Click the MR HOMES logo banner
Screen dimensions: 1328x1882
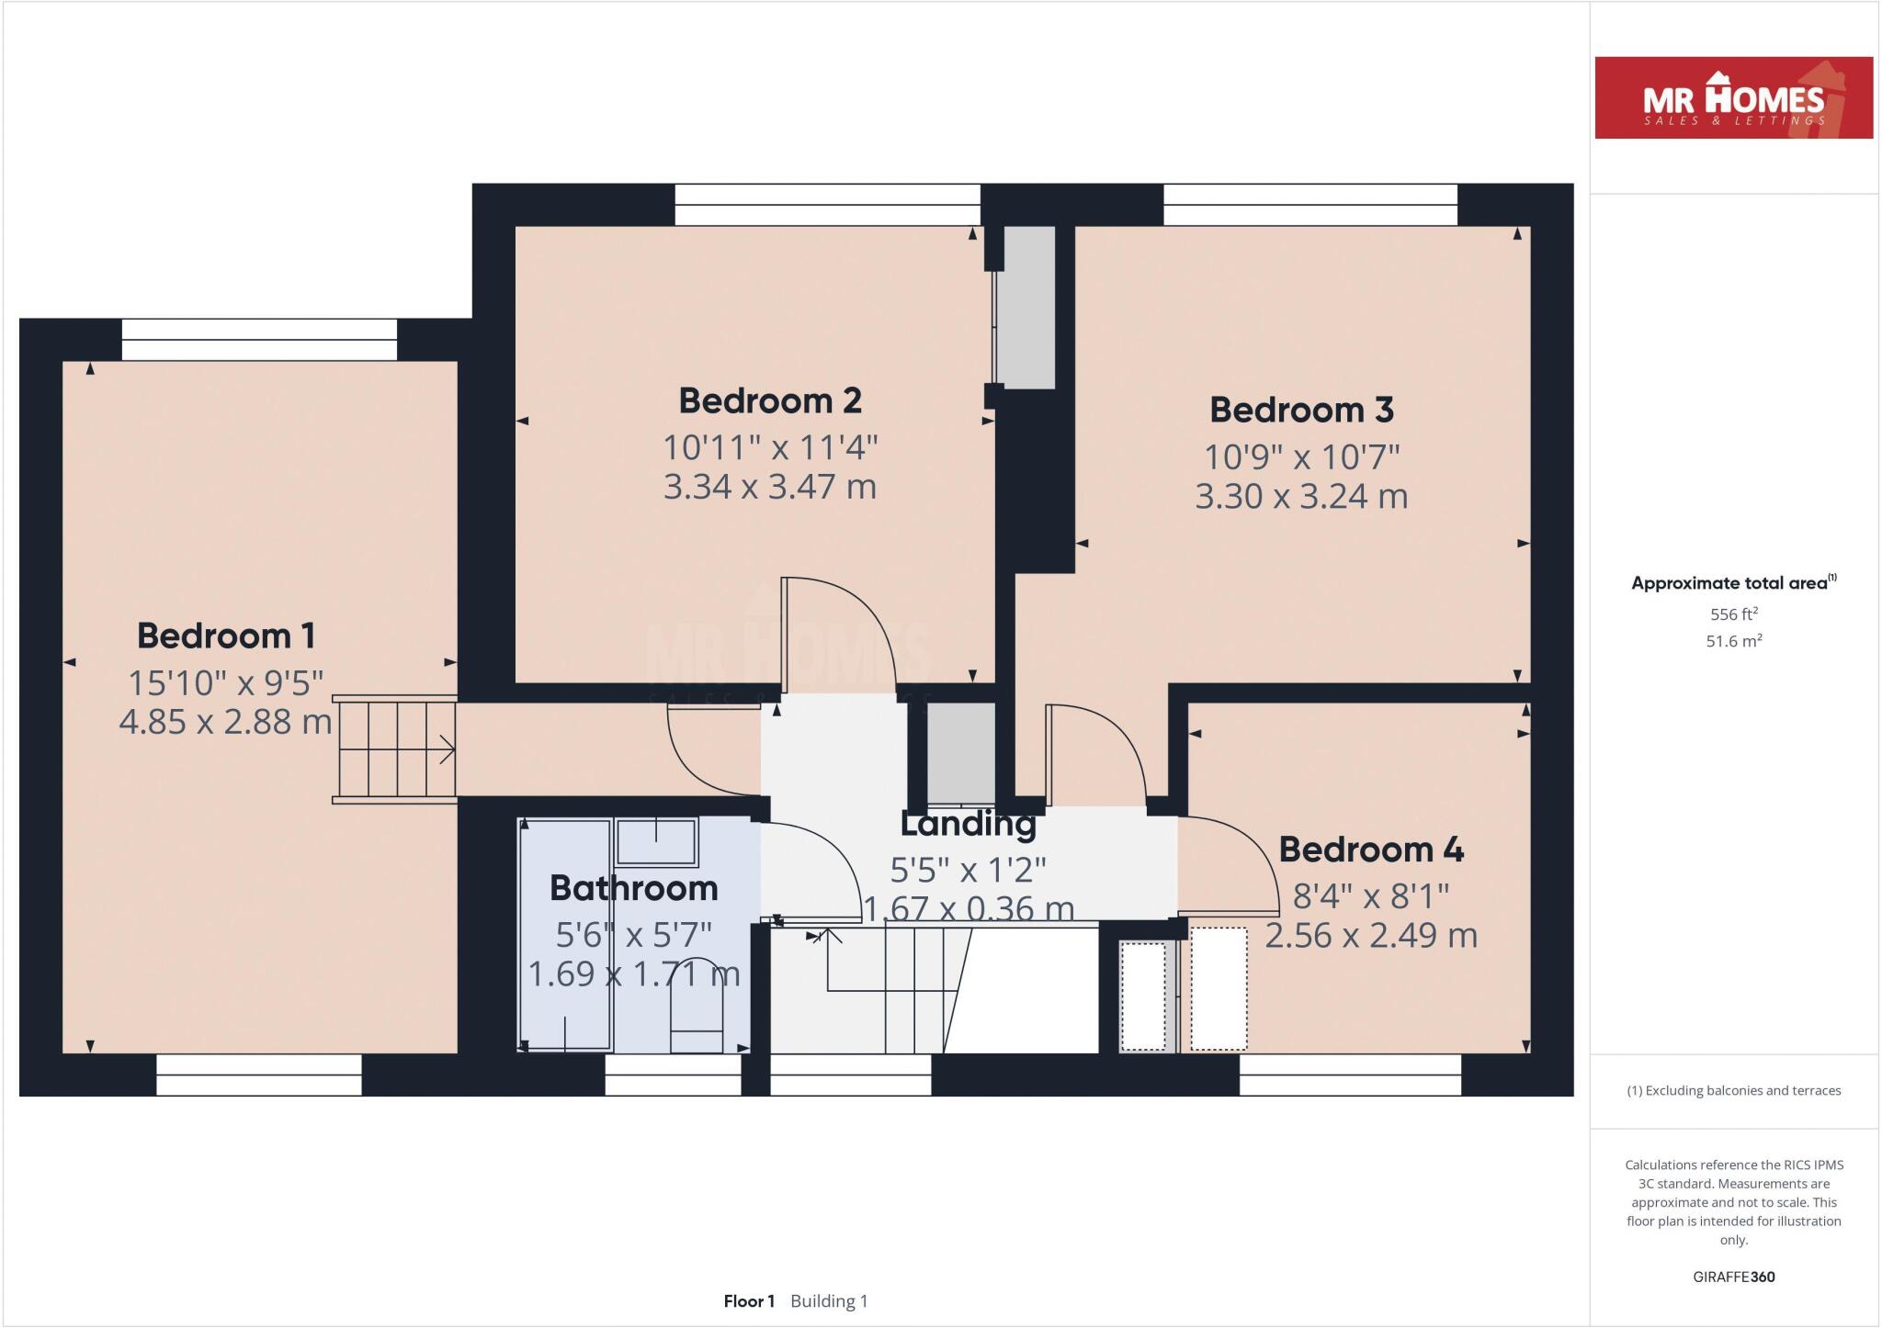1733,97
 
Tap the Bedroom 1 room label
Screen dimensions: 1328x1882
226,636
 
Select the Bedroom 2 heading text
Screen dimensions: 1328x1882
770,400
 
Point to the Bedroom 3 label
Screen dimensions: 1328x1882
1301,410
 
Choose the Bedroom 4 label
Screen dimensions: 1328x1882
1371,850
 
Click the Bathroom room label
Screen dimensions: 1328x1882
634,888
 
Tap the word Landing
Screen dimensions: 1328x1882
968,824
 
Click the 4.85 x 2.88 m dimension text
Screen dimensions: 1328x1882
226,722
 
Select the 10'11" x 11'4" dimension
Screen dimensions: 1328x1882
770,448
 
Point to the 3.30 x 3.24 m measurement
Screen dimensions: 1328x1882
1301,497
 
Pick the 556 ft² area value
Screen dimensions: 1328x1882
1733,614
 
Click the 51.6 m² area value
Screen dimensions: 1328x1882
1733,641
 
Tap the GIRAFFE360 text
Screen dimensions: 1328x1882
1733,1277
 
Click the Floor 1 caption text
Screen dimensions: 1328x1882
749,1301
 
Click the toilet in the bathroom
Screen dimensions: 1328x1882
697,1010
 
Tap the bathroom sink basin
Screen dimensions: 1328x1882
655,840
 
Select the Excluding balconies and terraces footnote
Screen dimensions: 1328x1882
1733,1091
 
